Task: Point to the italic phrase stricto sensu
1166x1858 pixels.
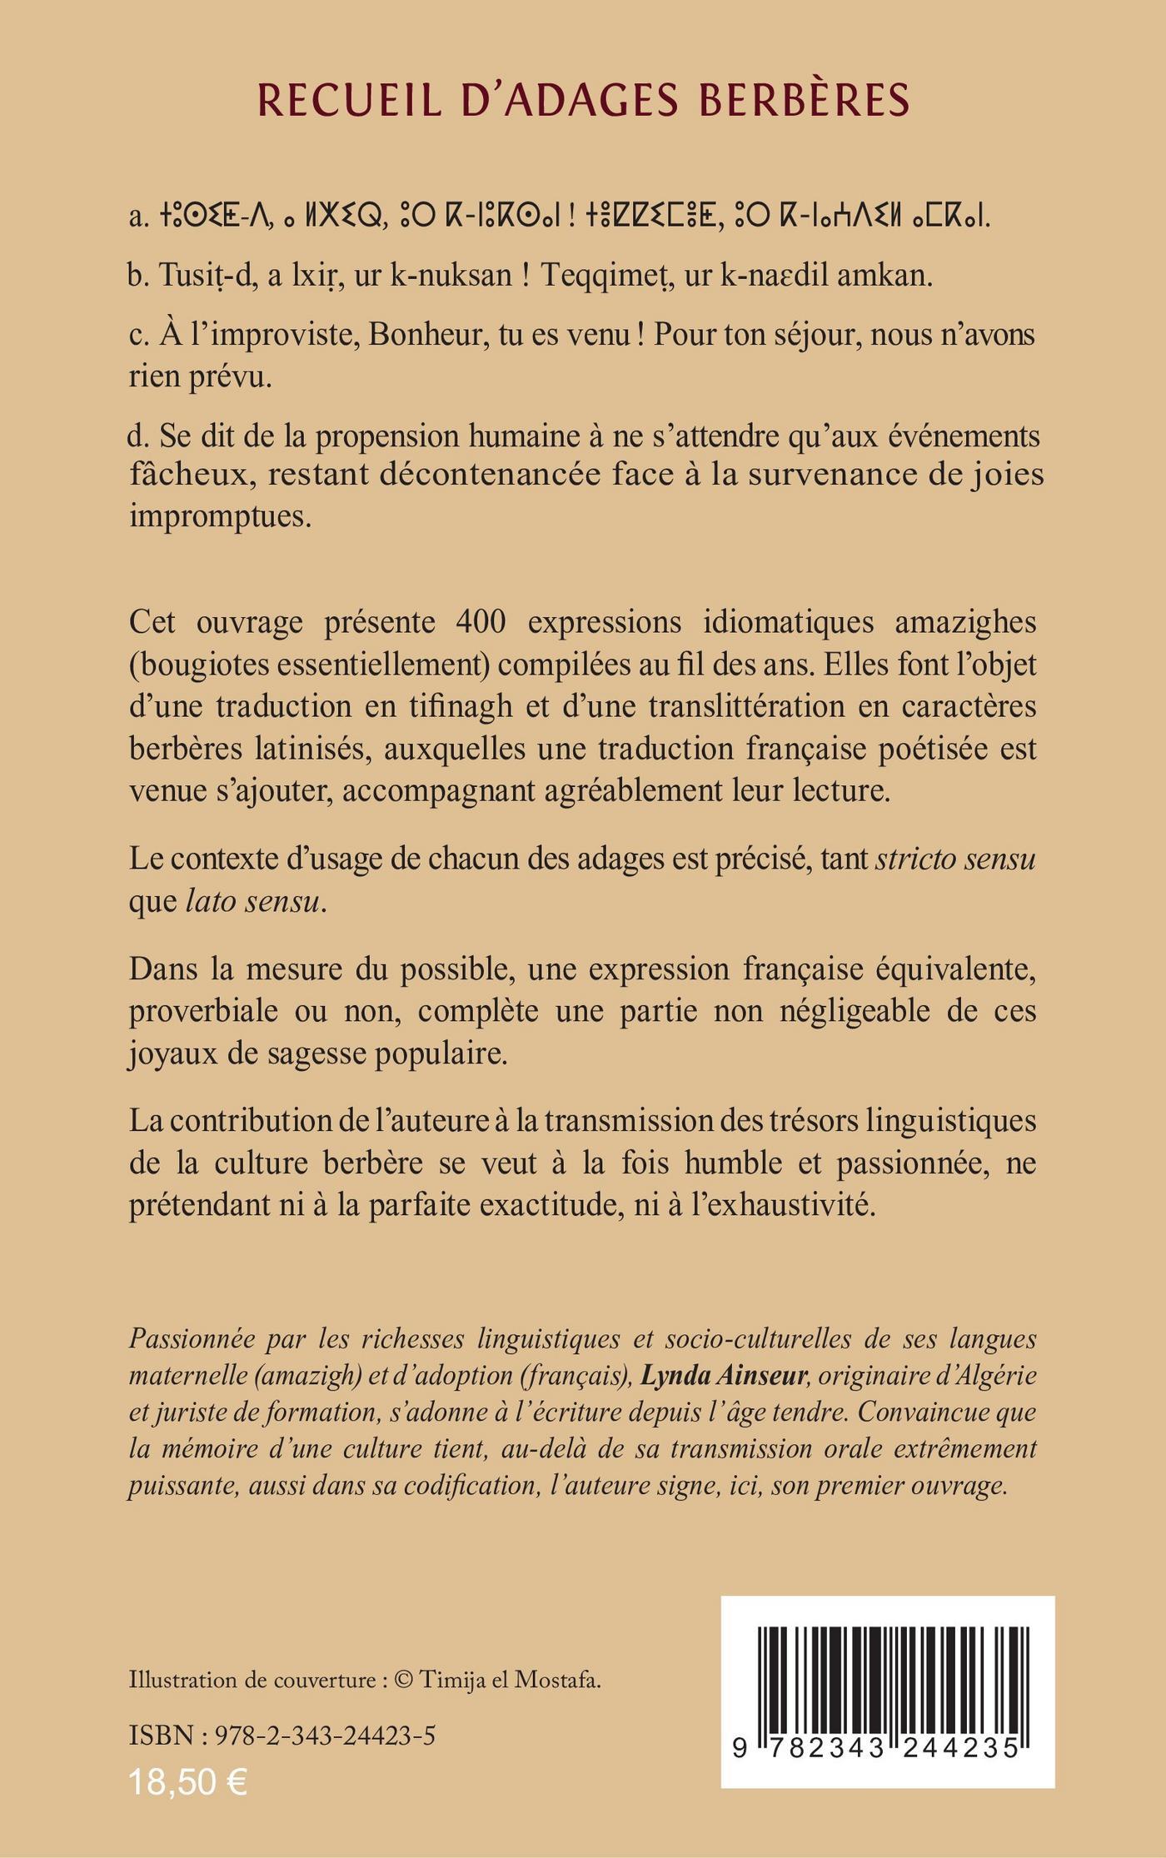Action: [955, 859]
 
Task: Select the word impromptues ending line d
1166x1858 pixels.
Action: [220, 516]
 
